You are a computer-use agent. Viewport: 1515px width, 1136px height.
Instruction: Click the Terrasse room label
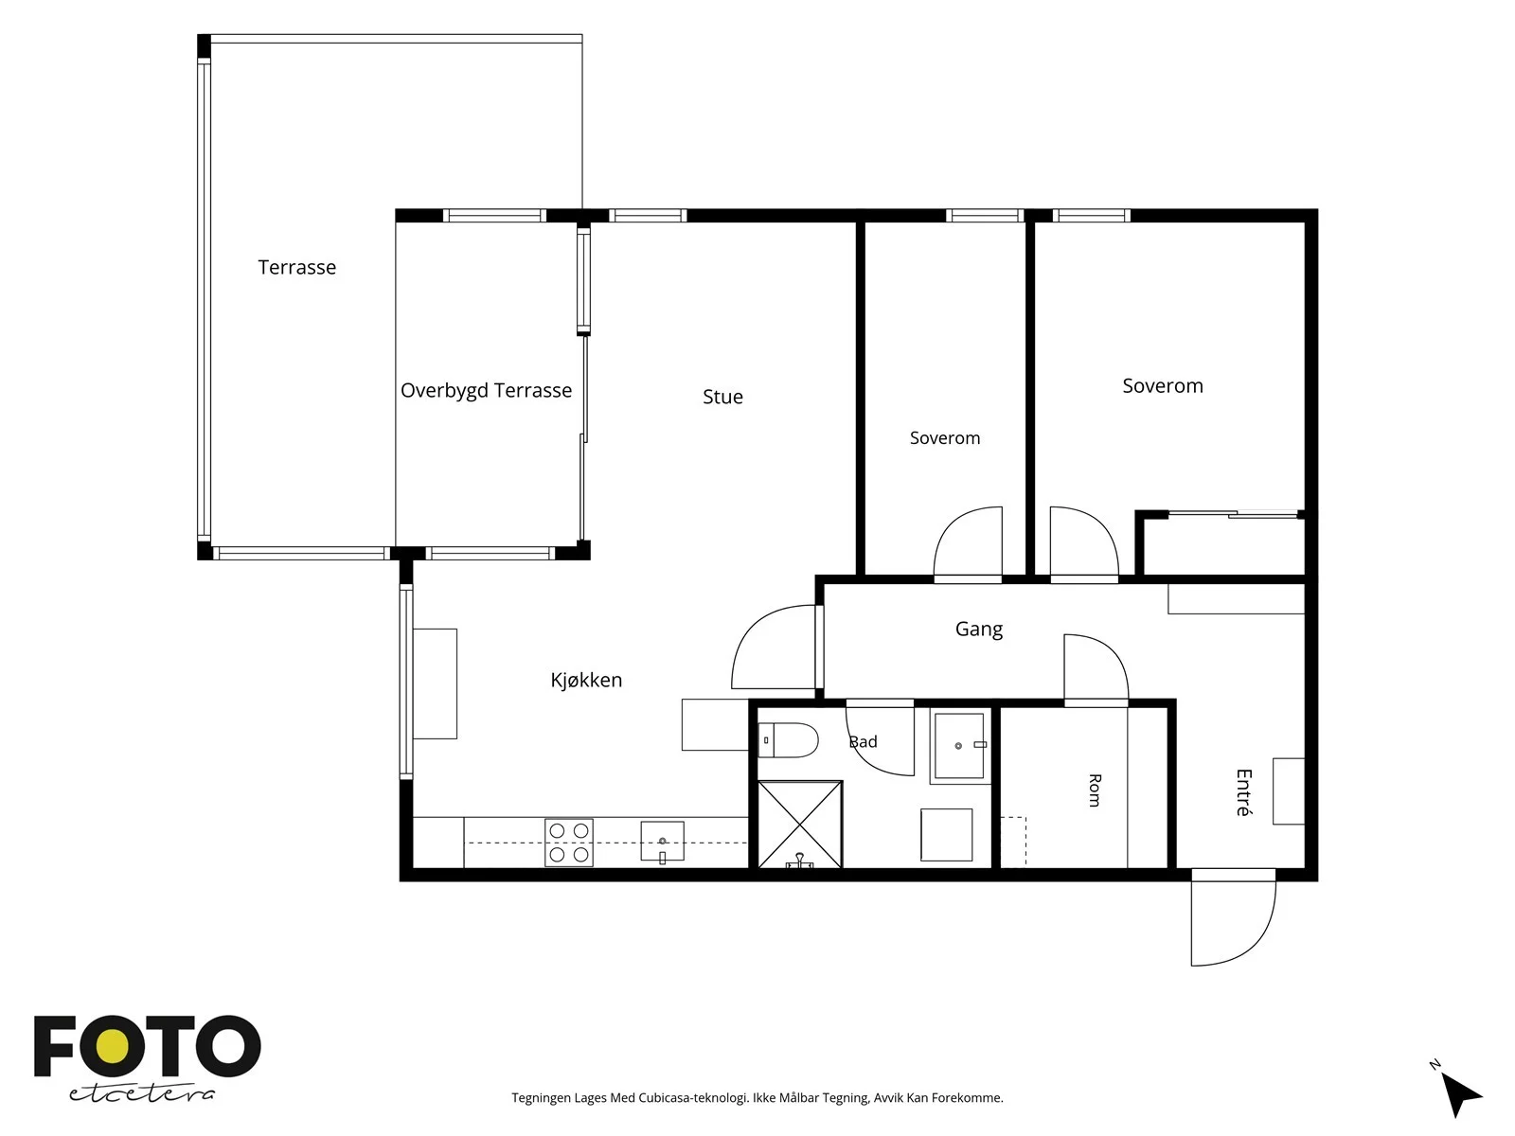(296, 267)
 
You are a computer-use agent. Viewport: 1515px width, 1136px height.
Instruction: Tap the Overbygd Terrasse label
(486, 390)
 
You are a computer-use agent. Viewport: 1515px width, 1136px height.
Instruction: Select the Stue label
(722, 397)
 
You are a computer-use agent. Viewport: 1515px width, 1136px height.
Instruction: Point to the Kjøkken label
(586, 680)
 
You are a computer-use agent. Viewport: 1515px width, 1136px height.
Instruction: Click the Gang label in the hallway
(979, 629)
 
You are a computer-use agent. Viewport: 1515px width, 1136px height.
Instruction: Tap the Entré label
(1244, 792)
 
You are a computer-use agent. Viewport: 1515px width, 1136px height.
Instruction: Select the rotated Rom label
(1095, 790)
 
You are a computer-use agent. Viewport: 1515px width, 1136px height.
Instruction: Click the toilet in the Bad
(788, 740)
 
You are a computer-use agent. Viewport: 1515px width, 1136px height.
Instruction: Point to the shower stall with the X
(800, 825)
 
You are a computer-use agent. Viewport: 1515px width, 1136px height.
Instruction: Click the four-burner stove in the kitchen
(569, 843)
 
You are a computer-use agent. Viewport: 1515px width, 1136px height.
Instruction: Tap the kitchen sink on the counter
(662, 842)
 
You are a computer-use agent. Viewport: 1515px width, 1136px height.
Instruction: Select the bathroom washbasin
(959, 746)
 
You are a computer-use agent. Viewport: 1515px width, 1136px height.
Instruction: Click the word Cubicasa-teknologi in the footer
(692, 1098)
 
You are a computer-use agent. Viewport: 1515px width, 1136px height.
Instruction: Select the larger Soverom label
(1163, 385)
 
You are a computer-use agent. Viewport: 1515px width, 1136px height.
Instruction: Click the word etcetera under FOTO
(141, 1093)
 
